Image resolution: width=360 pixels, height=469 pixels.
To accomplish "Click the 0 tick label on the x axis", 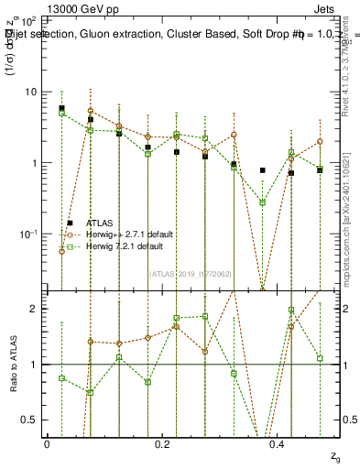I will (48, 444).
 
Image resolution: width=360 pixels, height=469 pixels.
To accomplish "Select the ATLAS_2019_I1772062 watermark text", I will (191, 273).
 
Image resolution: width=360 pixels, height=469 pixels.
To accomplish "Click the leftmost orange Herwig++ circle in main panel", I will (61, 251).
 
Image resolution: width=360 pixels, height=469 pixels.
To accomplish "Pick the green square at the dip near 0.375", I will (262, 202).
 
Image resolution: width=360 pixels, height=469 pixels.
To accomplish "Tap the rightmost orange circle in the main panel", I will (320, 142).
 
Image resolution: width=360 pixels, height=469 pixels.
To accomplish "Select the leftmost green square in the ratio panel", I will (61, 377).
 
